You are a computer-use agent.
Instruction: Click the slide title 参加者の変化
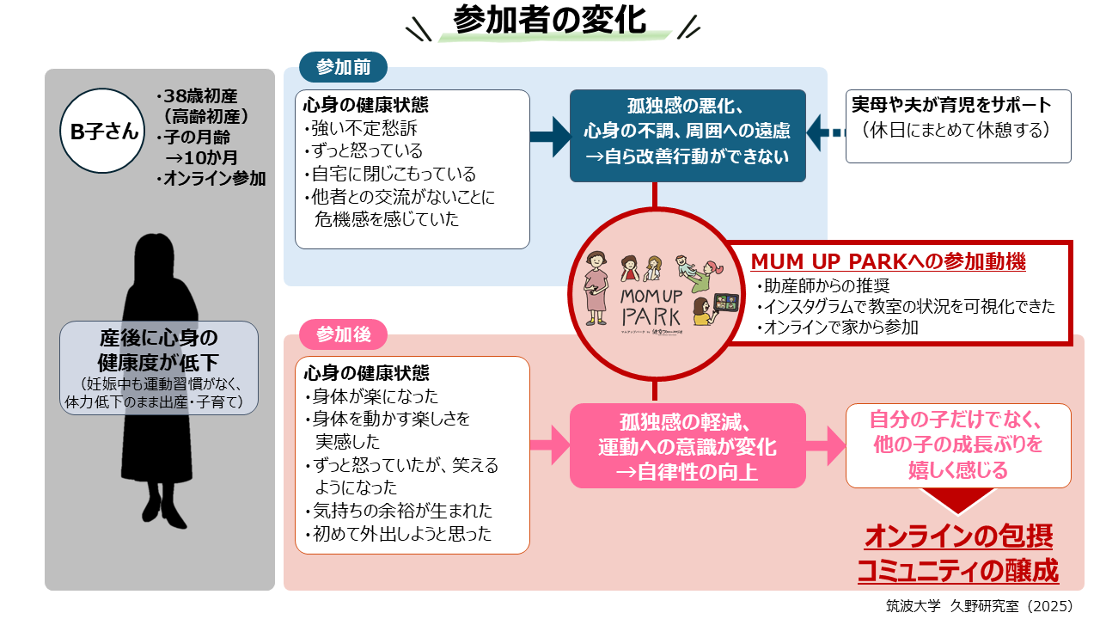point(550,21)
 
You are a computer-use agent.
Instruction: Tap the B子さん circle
point(103,131)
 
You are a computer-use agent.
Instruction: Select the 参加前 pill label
point(343,67)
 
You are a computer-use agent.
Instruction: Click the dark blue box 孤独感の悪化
point(687,135)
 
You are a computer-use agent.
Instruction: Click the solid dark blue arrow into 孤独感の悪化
point(550,135)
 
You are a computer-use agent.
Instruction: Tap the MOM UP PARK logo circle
point(655,291)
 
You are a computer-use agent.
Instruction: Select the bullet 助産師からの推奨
point(822,285)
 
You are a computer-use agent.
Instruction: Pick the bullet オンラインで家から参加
point(837,327)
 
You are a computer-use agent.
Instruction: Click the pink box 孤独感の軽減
point(687,446)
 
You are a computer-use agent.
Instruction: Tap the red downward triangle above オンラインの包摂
point(959,500)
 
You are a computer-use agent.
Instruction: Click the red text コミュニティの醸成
point(958,570)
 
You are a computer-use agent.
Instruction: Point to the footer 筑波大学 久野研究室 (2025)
point(979,605)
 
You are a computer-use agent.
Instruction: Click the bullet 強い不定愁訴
point(355,129)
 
